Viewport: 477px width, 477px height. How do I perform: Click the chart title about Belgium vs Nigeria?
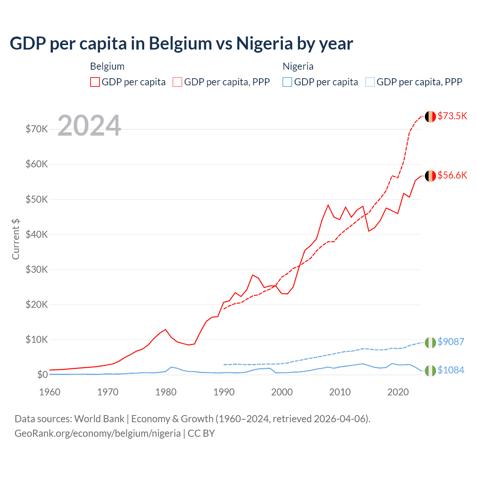[x=181, y=44]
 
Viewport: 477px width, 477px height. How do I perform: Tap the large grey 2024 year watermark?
[x=89, y=126]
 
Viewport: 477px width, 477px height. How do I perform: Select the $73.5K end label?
[x=452, y=116]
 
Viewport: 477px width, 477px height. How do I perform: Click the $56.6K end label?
[x=452, y=175]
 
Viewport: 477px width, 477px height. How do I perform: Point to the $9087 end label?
[x=451, y=341]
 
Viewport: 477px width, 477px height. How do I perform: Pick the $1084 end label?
[x=451, y=370]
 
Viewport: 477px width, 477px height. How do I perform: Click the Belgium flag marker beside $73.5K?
[x=430, y=117]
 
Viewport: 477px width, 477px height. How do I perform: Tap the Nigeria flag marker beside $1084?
[x=430, y=371]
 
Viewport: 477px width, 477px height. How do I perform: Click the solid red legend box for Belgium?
[x=95, y=82]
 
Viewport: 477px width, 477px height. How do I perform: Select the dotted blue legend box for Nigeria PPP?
[x=370, y=82]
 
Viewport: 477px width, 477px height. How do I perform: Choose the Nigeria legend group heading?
[x=298, y=66]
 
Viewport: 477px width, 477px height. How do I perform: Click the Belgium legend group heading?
[x=107, y=66]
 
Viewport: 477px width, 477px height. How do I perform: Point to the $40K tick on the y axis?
[x=37, y=234]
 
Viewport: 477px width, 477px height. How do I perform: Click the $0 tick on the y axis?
[x=42, y=375]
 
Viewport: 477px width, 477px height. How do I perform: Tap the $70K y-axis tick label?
[x=37, y=129]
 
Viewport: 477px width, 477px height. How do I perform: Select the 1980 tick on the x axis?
[x=166, y=392]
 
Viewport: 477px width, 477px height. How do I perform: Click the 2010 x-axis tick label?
[x=340, y=392]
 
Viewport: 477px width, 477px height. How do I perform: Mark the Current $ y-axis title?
[x=16, y=239]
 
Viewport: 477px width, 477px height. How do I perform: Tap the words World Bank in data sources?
[x=99, y=419]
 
